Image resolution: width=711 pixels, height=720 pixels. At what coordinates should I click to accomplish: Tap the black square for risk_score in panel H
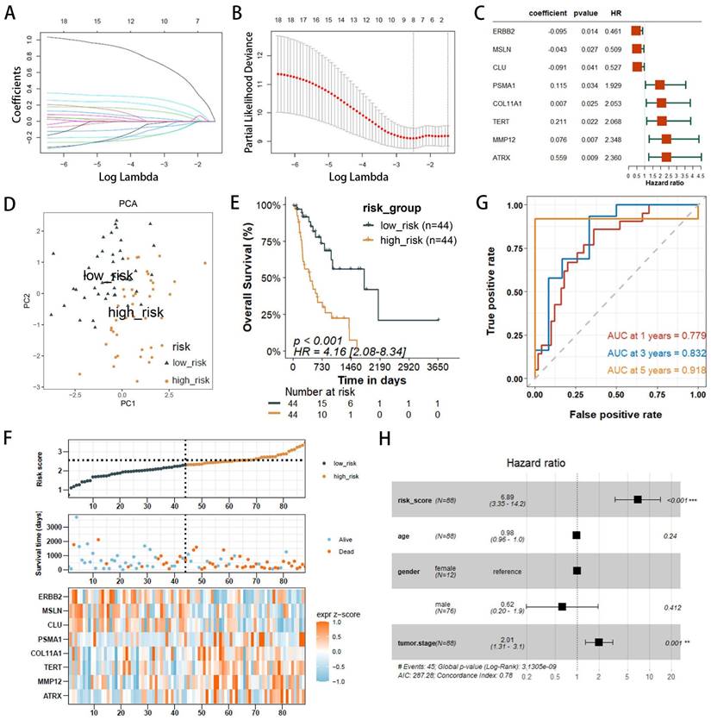point(638,499)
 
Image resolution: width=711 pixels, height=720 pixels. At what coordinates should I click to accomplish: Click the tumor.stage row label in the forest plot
point(417,642)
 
